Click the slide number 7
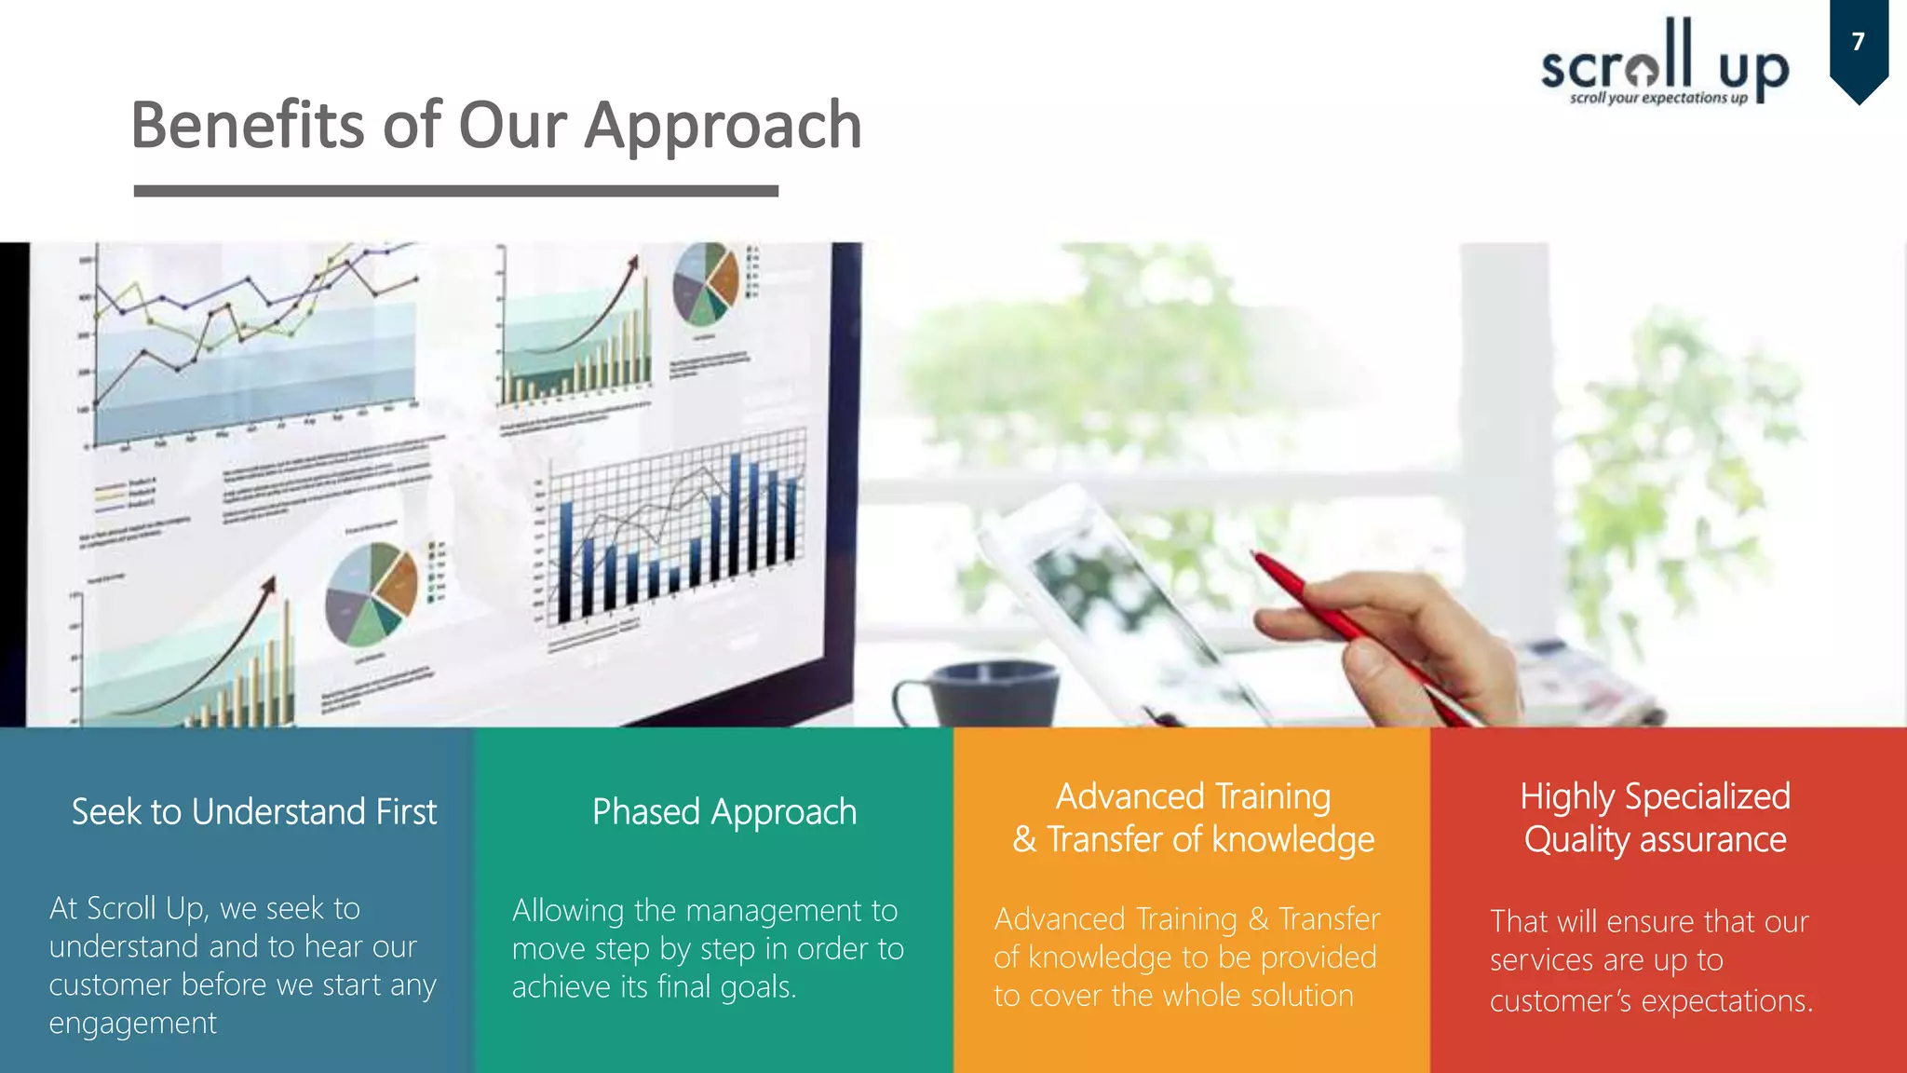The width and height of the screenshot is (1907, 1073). pyautogui.click(x=1858, y=42)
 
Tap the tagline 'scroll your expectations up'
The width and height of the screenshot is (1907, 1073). pyautogui.click(x=1658, y=98)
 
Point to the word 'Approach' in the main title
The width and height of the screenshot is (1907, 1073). pyautogui.click(x=723, y=127)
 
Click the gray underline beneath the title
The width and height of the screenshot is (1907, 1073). pyautogui.click(x=455, y=191)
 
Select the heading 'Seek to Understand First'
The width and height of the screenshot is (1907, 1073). pyautogui.click(x=253, y=812)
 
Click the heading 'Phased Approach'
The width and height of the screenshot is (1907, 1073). pyautogui.click(x=724, y=812)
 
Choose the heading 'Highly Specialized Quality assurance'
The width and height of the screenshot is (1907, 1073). pyautogui.click(x=1655, y=818)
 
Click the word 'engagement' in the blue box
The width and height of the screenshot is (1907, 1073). pyautogui.click(x=132, y=1024)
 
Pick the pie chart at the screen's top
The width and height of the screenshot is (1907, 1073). pyautogui.click(x=705, y=284)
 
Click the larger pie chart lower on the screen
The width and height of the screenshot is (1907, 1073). pyautogui.click(x=372, y=594)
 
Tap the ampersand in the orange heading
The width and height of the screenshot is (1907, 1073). pyautogui.click(x=1024, y=840)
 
